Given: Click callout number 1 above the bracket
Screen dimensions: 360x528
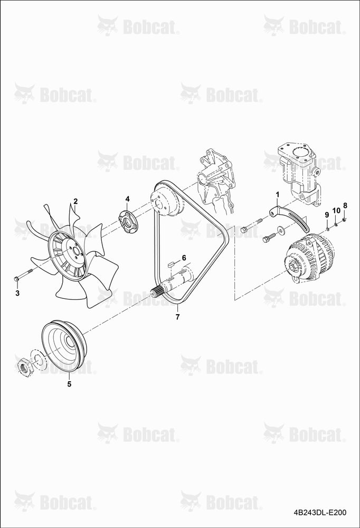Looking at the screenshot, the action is click(278, 194).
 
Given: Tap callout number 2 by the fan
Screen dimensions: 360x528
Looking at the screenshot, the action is click(75, 201).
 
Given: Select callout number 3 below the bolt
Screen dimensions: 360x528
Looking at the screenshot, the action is click(17, 293).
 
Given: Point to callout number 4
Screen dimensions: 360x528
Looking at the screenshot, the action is click(127, 199).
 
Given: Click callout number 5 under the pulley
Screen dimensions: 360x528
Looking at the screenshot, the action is click(69, 384).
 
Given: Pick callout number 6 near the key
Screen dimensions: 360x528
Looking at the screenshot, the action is click(184, 258).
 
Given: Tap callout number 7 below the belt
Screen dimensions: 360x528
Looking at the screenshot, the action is click(177, 316).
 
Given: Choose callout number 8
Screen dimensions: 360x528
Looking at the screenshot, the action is click(345, 205).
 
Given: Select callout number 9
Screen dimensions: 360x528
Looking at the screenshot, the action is click(326, 214).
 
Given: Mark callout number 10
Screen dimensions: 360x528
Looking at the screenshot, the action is click(336, 211).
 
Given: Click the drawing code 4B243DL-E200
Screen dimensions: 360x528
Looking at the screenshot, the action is click(320, 513).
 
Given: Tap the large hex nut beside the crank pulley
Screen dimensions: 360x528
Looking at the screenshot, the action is click(24, 365).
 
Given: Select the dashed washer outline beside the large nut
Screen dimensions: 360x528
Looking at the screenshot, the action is click(39, 360).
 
